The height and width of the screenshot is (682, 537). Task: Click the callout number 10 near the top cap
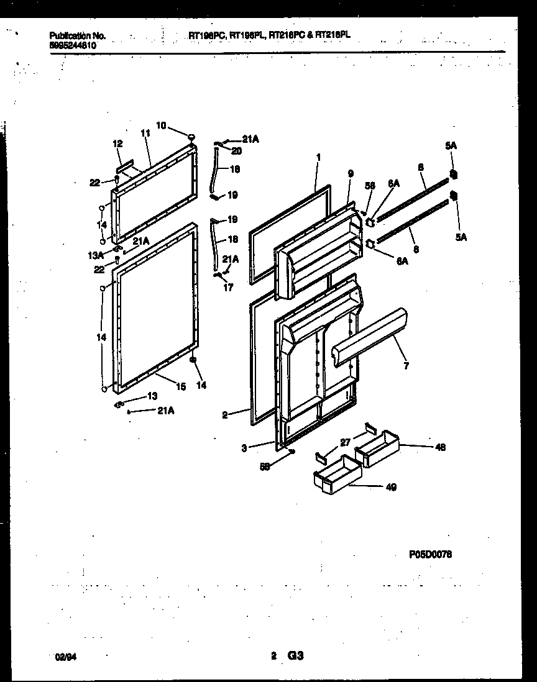click(161, 125)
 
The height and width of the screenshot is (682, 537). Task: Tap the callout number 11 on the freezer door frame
click(145, 133)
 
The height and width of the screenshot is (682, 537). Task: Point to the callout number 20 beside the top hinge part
click(237, 150)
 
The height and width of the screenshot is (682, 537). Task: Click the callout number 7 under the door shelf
click(406, 366)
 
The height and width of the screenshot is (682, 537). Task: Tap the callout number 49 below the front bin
click(391, 487)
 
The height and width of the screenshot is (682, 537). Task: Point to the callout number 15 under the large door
click(180, 386)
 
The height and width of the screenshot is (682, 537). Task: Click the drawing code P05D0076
click(430, 554)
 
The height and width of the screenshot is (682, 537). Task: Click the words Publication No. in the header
click(78, 36)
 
